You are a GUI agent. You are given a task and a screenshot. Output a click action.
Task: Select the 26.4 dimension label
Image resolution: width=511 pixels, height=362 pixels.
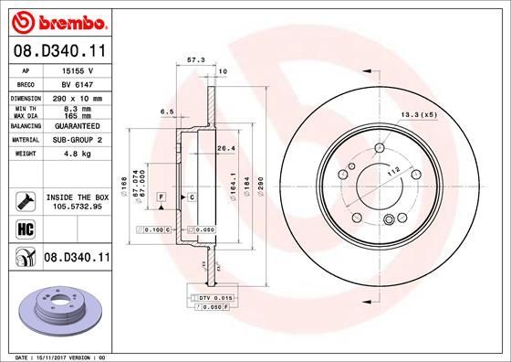coord(226,146)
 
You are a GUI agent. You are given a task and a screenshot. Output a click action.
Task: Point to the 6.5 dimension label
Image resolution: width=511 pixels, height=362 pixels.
coord(167,112)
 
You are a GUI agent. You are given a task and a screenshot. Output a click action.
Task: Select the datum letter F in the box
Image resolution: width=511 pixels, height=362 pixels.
coord(161,197)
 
